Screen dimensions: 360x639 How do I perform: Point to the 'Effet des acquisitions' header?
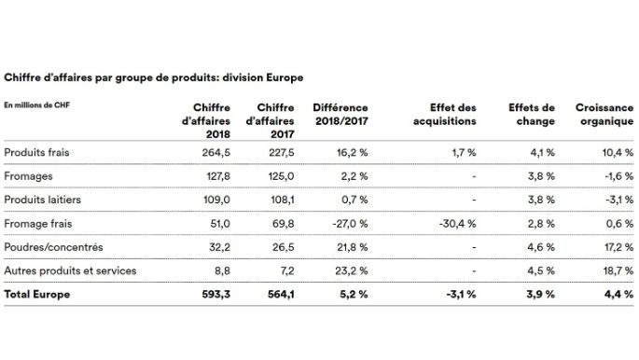point(448,115)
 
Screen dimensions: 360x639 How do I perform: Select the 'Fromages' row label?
point(29,175)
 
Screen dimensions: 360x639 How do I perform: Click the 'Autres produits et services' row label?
point(70,271)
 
